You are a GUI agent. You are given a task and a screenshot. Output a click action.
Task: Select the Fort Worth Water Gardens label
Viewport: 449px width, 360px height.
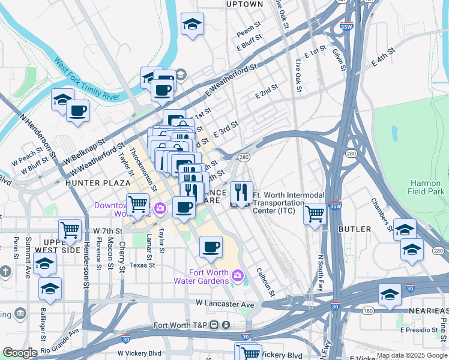click(x=201, y=277)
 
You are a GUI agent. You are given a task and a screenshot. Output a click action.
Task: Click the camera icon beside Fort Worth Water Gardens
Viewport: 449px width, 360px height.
click(x=238, y=276)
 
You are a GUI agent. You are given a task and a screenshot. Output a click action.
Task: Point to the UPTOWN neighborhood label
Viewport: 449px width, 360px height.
click(x=245, y=4)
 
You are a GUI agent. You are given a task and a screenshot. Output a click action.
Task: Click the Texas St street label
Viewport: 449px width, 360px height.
click(x=142, y=265)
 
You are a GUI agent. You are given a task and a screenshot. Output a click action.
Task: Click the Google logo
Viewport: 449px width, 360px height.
click(x=20, y=353)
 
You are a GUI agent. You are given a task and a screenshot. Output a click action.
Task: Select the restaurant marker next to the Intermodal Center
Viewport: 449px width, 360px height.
click(x=241, y=193)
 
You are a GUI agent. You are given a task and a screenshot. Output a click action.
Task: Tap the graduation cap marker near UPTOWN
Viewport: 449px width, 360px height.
click(x=192, y=24)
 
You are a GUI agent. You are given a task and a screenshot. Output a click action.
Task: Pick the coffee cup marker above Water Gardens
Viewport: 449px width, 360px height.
click(x=210, y=247)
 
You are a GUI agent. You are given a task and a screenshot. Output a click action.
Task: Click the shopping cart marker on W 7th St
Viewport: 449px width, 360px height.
click(x=70, y=229)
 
